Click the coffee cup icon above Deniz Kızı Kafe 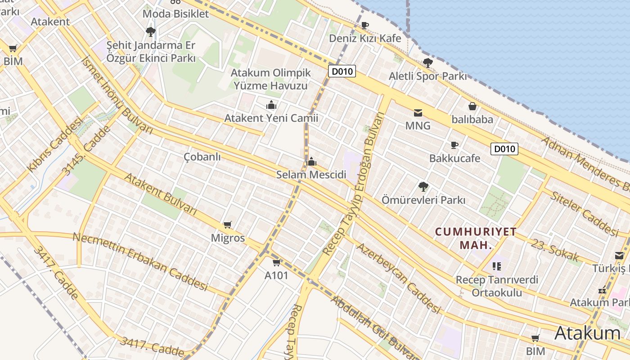[x=364, y=25]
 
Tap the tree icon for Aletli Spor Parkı [x=427, y=63]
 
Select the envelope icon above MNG [x=418, y=112]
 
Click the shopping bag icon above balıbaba [x=472, y=106]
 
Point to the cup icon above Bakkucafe [x=454, y=145]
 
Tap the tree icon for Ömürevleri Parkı [x=423, y=186]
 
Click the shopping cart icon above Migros [x=228, y=225]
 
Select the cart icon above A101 [x=276, y=262]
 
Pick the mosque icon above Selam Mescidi [x=311, y=161]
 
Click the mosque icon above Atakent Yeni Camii [x=271, y=105]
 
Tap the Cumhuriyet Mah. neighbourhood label [x=476, y=238]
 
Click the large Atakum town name [x=587, y=333]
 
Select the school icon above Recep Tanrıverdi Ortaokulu [x=497, y=266]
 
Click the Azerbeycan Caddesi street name [x=398, y=278]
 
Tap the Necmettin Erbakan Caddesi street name [x=140, y=261]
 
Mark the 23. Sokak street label [x=555, y=251]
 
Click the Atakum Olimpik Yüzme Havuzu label [x=270, y=79]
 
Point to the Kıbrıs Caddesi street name [x=56, y=144]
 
